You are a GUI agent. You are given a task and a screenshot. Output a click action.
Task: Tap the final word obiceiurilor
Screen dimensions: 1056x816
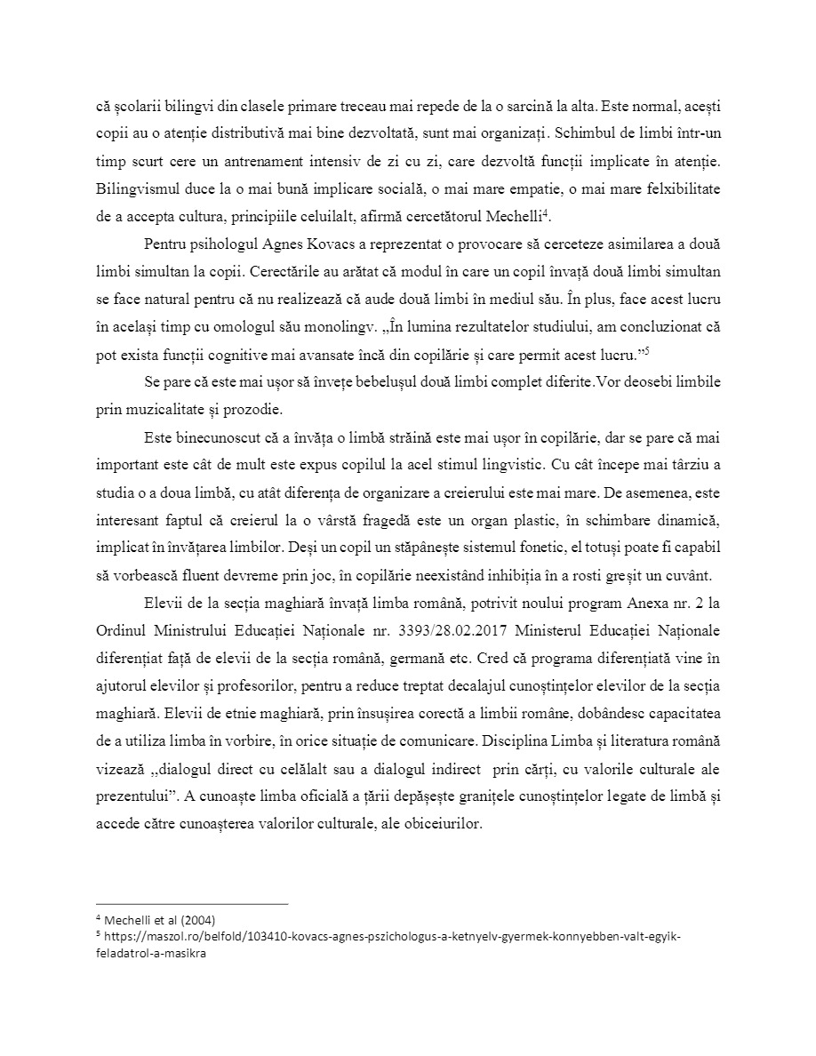coord(436,823)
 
